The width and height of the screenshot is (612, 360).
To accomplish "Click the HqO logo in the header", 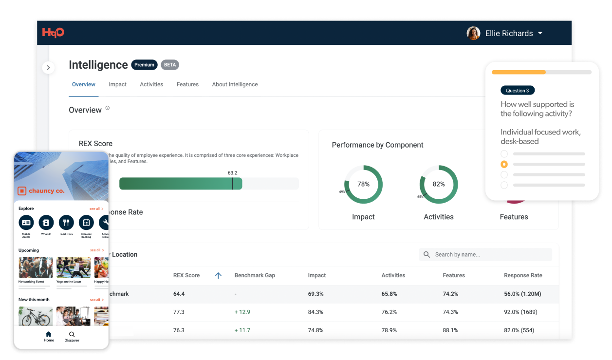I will [x=53, y=33].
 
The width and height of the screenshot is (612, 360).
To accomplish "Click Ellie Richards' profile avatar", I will [x=473, y=33].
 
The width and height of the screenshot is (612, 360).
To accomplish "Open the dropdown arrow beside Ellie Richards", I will [x=540, y=33].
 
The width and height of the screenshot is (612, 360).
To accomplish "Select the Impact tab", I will [x=117, y=84].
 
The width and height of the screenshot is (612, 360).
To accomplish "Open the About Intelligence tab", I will [x=235, y=84].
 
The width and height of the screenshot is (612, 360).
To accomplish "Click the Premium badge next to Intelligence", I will [x=144, y=65].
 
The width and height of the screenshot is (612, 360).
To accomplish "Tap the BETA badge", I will [x=170, y=65].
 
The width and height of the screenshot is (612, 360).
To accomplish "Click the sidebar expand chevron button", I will [x=48, y=68].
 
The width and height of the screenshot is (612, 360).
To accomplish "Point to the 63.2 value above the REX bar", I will [x=232, y=172].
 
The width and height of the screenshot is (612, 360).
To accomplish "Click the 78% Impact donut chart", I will [x=363, y=185].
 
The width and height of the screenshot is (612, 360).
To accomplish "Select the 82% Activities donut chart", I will [x=439, y=185].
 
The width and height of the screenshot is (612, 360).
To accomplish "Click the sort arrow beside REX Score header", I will [x=218, y=276].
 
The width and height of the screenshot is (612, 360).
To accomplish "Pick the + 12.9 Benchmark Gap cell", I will [x=242, y=312].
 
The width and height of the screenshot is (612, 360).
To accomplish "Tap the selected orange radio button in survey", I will [x=504, y=164].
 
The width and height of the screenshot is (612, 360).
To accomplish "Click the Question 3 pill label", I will [x=517, y=91].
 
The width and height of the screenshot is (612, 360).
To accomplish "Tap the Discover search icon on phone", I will [x=72, y=335].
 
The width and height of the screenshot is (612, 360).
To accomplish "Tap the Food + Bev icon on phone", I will [x=66, y=223].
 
